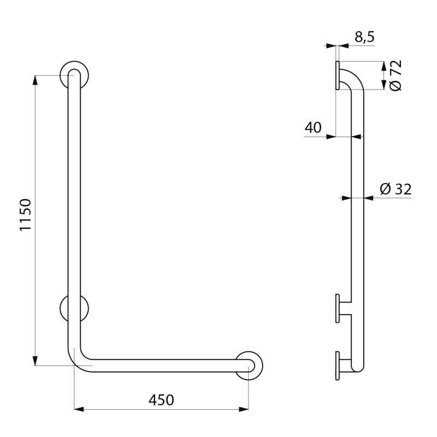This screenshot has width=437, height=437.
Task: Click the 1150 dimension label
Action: click(26, 215)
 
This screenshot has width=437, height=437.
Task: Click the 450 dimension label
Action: click(161, 400)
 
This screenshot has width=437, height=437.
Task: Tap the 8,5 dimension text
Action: click(364, 37)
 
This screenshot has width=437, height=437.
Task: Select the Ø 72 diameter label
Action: click(396, 75)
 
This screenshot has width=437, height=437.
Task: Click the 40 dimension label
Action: click(313, 127)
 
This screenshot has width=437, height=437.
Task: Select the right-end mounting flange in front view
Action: click(249, 365)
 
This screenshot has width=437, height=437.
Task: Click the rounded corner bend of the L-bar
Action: click(78, 357)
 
